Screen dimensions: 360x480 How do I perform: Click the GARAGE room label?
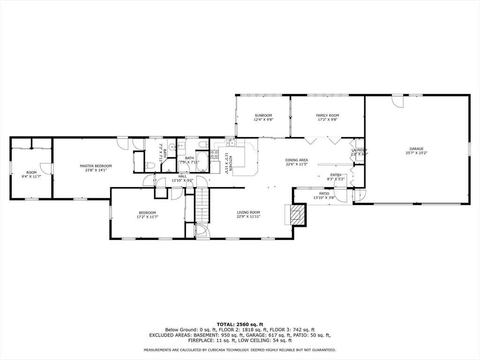pyautogui.click(x=416, y=149)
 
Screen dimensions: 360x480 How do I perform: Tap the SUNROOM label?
pyautogui.click(x=263, y=115)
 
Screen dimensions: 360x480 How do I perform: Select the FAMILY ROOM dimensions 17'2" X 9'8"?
pyautogui.click(x=328, y=120)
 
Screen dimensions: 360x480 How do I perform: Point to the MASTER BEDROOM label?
pyautogui.click(x=96, y=166)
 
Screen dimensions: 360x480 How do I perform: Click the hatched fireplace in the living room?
pyautogui.click(x=296, y=215)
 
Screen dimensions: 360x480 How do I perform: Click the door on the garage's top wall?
pyautogui.click(x=397, y=101)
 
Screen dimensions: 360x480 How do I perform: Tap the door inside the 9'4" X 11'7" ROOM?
pyautogui.click(x=46, y=168)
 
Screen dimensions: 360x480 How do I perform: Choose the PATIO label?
pyautogui.click(x=324, y=194)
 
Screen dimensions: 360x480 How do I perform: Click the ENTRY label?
pyautogui.click(x=336, y=175)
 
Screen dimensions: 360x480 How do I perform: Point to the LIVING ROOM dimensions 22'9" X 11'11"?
pyautogui.click(x=248, y=217)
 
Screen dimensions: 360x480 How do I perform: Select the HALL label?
pyautogui.click(x=182, y=176)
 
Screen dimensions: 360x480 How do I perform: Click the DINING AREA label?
pyautogui.click(x=296, y=160)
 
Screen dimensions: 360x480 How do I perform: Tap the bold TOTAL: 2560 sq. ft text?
pyautogui.click(x=240, y=324)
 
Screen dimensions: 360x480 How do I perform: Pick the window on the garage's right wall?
pyautogui.click(x=469, y=149)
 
